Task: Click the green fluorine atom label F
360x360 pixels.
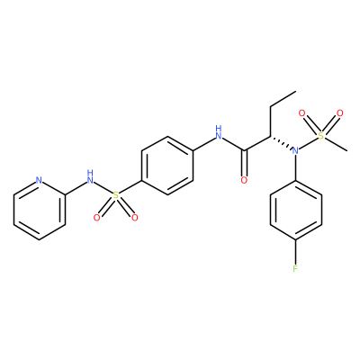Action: (x=295, y=269)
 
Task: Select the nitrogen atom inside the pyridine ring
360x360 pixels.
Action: (x=39, y=181)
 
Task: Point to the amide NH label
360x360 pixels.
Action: (x=219, y=132)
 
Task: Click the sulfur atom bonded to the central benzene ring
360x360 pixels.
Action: (x=116, y=195)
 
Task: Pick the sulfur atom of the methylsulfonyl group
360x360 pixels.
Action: (x=321, y=136)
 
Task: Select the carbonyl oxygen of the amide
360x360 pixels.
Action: (x=245, y=180)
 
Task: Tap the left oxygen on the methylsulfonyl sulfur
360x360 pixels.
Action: (x=301, y=113)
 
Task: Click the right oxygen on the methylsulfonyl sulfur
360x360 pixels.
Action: (x=340, y=113)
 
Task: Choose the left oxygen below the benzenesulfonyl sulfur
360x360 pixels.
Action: (x=96, y=218)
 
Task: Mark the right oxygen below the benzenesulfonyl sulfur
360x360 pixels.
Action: (x=135, y=218)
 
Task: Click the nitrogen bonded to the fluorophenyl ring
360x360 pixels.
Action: (x=296, y=150)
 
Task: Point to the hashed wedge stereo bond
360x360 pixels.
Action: (x=281, y=143)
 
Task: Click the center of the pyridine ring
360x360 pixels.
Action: (x=39, y=210)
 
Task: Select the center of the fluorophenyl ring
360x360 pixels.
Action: (x=296, y=210)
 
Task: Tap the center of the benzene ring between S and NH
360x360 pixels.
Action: (x=167, y=166)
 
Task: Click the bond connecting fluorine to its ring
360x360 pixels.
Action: (x=296, y=252)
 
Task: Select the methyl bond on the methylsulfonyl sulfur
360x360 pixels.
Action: (x=336, y=144)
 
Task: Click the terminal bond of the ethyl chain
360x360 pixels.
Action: (x=283, y=99)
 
